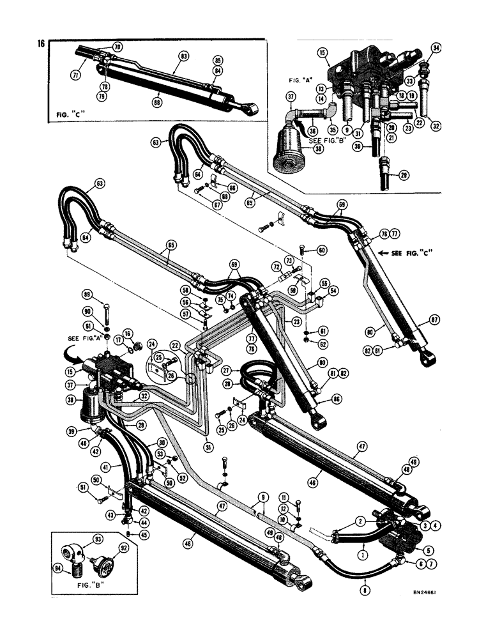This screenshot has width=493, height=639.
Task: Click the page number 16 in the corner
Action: point(42,44)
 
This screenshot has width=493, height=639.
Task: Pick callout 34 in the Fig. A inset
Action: point(436,48)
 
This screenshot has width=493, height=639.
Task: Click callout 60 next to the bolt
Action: point(322,250)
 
